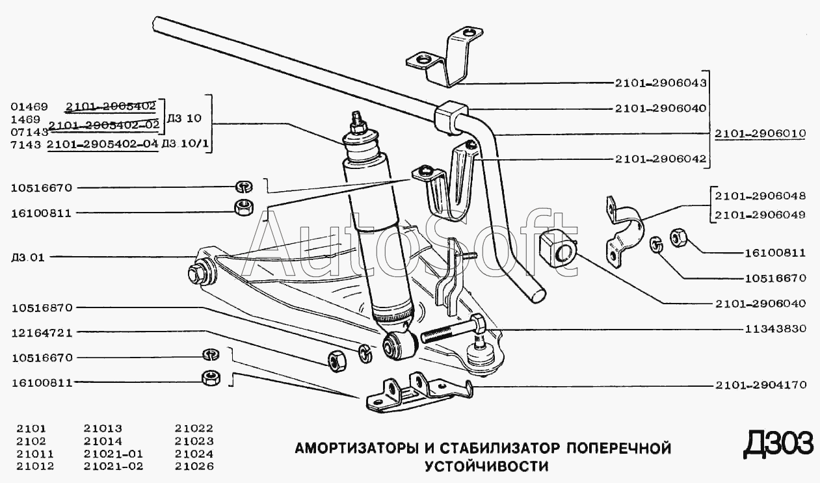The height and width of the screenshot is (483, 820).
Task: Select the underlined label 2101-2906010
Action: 760,134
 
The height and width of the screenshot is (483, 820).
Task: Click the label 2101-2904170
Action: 760,385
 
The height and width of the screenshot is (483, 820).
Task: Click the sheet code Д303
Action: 778,445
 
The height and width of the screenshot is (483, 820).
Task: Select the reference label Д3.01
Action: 28,257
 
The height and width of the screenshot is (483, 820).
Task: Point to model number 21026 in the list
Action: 194,466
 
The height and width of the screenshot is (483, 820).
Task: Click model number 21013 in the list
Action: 103,428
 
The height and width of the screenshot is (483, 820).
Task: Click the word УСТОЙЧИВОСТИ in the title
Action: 486,466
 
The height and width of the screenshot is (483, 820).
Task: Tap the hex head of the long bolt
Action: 475,322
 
